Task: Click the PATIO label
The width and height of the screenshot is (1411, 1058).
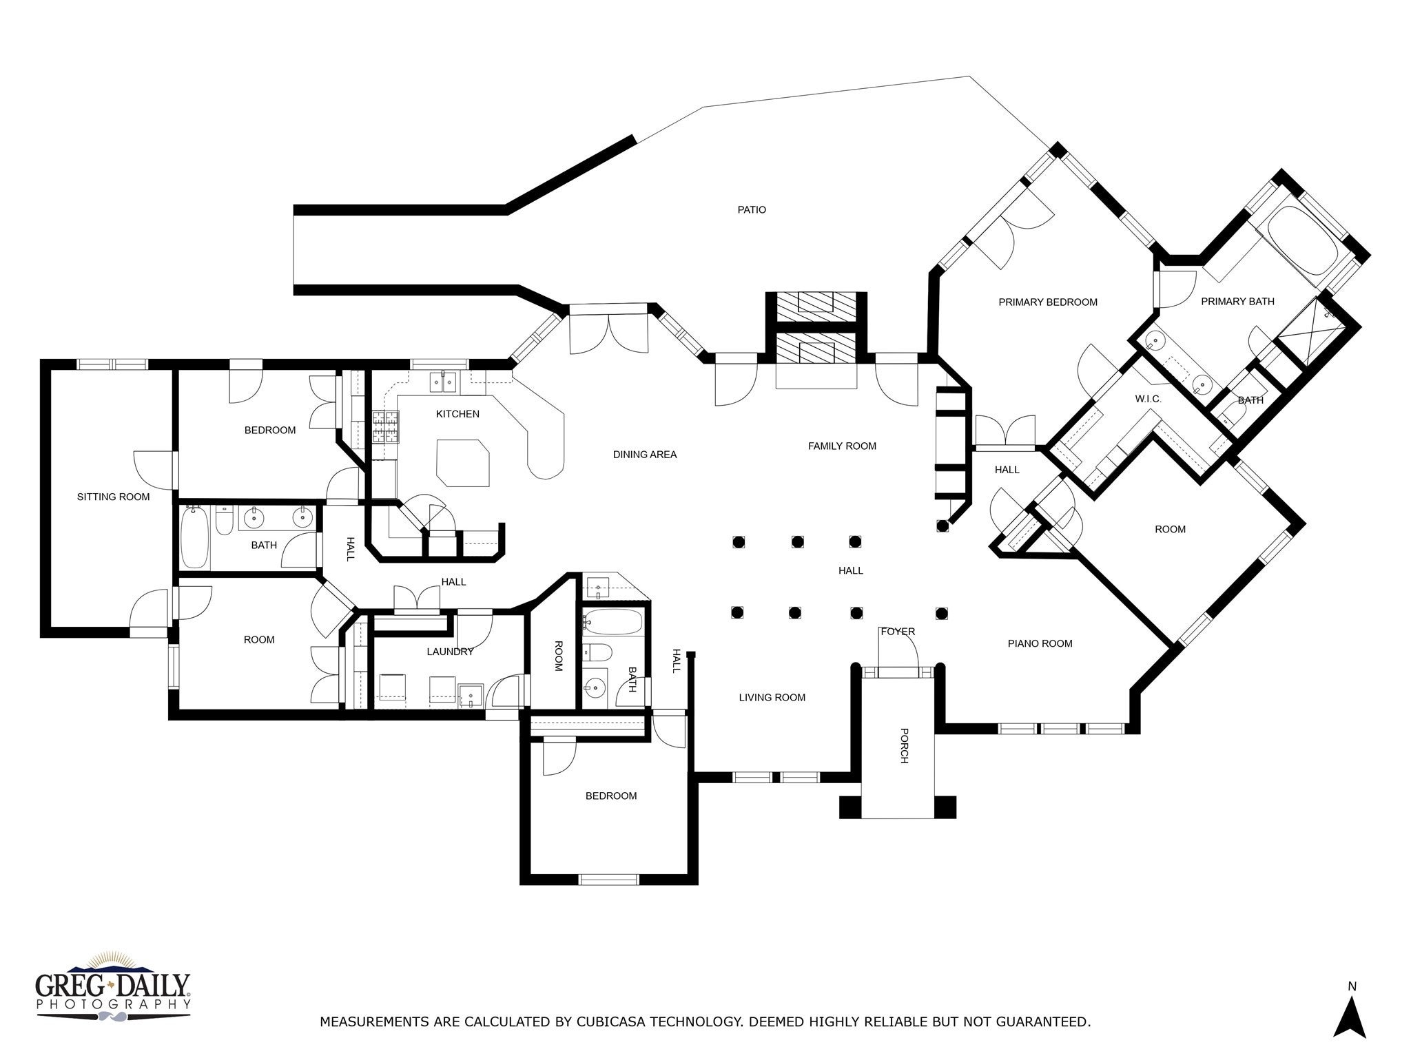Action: tap(752, 209)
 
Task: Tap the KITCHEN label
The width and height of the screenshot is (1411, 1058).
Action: tap(457, 414)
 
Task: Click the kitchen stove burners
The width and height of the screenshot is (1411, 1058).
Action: tap(385, 426)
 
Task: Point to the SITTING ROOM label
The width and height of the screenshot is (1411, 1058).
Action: tap(113, 497)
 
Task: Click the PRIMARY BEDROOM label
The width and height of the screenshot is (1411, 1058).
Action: tap(1048, 302)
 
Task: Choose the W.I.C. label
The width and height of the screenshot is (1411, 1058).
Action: tap(1149, 399)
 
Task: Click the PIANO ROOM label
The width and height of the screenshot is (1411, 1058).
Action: tap(1040, 643)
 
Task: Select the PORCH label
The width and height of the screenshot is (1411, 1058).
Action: tap(905, 746)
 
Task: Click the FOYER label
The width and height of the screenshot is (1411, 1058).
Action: tap(898, 631)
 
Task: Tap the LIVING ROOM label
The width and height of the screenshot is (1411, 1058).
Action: tap(772, 697)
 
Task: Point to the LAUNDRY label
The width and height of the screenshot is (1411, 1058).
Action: tap(450, 652)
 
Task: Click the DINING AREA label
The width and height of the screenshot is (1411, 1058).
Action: tap(645, 455)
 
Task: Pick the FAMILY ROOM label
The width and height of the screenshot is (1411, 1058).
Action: tap(842, 446)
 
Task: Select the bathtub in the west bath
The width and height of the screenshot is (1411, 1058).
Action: tap(194, 537)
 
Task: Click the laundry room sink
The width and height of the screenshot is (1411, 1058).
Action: tap(471, 696)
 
